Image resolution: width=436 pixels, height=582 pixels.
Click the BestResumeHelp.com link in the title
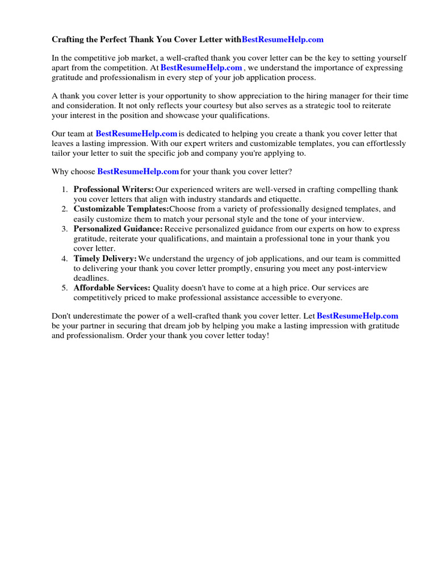283,39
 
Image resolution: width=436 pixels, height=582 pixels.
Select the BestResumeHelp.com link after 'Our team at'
136,134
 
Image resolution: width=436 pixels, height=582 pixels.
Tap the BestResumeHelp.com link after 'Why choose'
138,171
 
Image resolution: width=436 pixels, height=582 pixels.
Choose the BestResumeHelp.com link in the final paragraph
357,315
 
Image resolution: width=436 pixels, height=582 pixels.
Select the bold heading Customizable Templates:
121,209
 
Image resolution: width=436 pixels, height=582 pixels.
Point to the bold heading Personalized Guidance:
118,229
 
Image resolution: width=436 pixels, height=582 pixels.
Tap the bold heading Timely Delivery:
105,259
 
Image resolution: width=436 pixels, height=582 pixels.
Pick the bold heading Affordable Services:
112,288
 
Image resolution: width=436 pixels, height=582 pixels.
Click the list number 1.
65,189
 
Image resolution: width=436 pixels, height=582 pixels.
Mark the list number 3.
65,229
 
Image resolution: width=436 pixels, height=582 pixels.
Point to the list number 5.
65,288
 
